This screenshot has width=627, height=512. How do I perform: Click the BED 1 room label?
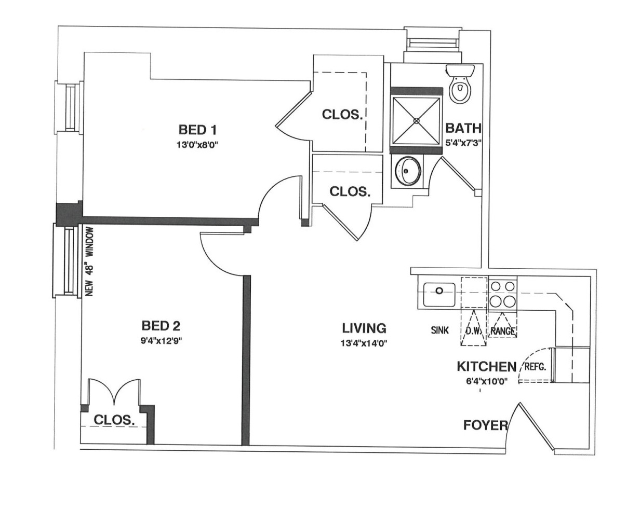click(x=197, y=130)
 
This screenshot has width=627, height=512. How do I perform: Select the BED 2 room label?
click(x=161, y=326)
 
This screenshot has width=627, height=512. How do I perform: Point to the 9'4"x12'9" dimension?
click(x=161, y=341)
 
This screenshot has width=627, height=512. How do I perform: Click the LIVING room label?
click(x=364, y=328)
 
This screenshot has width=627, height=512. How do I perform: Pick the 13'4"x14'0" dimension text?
click(x=364, y=343)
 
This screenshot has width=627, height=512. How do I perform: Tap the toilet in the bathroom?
click(x=460, y=84)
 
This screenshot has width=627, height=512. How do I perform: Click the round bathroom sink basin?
click(x=408, y=171)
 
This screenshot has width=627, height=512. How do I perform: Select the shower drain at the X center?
click(x=416, y=121)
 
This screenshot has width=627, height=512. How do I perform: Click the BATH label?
click(x=463, y=128)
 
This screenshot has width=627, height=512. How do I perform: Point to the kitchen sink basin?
click(x=439, y=295)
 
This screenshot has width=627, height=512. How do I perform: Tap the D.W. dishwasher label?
click(x=473, y=330)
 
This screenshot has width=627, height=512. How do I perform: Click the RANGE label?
click(x=503, y=331)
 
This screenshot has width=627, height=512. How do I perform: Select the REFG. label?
click(x=536, y=367)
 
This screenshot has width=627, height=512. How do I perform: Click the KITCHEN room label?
click(x=486, y=367)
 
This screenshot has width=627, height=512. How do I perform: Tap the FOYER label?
click(x=486, y=425)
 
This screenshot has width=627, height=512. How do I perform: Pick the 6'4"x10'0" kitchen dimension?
click(x=487, y=381)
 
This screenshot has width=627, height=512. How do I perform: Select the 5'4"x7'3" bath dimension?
click(x=463, y=143)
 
